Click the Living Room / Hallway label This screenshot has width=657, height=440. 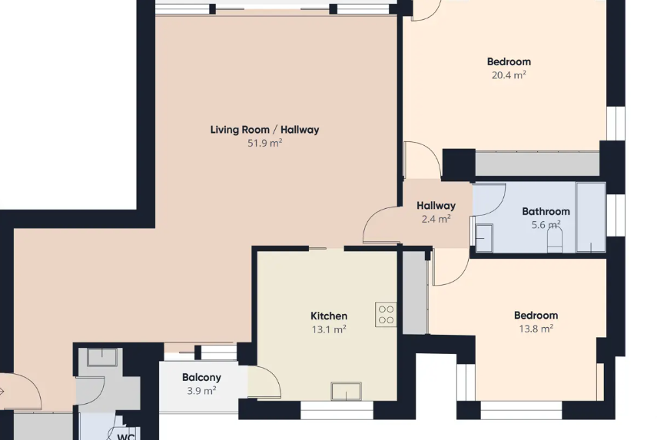(264, 130)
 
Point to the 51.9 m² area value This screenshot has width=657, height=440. (264, 143)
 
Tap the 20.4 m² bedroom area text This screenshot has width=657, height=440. (508, 75)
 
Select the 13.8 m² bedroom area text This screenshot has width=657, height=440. (536, 329)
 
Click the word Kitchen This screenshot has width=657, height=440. (328, 316)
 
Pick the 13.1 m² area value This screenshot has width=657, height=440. (328, 329)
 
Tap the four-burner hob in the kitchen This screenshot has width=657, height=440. (386, 314)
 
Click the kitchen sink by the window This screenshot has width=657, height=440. (347, 391)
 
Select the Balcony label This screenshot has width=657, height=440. (201, 377)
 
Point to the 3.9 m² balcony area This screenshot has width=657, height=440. (201, 390)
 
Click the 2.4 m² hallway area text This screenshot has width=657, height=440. (436, 219)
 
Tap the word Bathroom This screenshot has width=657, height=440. (546, 211)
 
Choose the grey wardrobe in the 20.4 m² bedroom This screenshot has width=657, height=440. (537, 164)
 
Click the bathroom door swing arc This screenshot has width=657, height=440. (489, 199)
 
